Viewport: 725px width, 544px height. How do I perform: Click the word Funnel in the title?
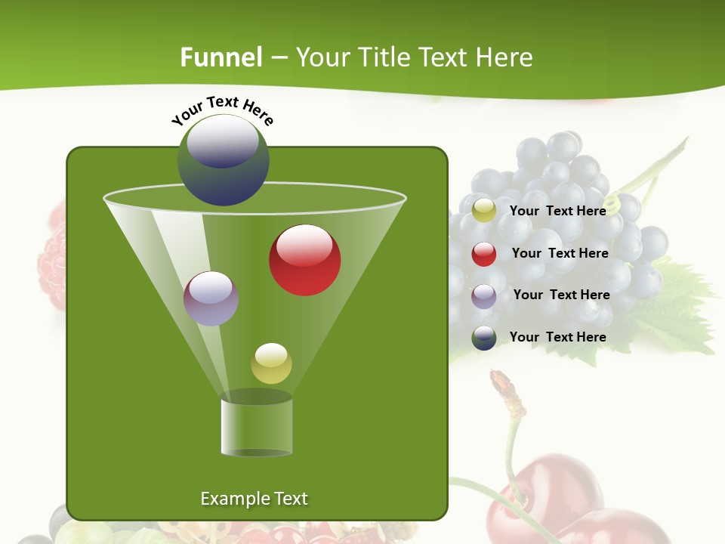tap(221, 57)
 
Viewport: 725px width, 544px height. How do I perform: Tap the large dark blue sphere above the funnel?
tap(223, 160)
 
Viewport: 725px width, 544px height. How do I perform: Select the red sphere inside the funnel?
tap(304, 260)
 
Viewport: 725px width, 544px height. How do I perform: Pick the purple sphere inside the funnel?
tap(211, 298)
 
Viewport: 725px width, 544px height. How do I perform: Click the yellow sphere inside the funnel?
tap(271, 363)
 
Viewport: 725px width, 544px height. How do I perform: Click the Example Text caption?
tap(254, 499)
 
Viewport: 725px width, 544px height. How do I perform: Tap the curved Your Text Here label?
tap(223, 111)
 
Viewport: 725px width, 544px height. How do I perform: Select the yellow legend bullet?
tap(484, 211)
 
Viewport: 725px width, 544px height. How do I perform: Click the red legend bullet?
tap(484, 254)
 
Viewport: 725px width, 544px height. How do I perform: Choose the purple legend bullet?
tap(484, 296)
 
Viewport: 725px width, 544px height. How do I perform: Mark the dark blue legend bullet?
tap(484, 338)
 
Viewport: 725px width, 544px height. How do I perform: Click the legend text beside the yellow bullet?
tap(557, 211)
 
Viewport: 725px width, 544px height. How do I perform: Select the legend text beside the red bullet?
tap(560, 253)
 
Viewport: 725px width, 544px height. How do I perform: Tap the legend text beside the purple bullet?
tap(561, 295)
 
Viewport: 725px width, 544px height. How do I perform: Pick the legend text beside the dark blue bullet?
tap(557, 337)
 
